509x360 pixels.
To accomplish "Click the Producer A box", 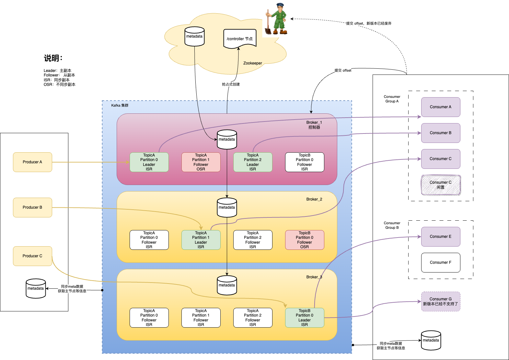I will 32,162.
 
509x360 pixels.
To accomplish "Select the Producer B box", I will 32,207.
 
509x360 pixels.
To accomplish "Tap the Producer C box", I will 32,256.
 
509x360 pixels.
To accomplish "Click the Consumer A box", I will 441,107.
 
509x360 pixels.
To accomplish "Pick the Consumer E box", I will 441,237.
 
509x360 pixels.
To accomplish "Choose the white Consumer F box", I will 441,262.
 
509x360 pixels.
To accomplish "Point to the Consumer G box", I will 441,301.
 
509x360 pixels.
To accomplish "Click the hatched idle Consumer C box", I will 441,185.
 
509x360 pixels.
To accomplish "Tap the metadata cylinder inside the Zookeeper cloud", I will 194,36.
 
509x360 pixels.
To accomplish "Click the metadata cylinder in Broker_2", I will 227,207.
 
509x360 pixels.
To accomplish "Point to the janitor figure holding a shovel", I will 276,19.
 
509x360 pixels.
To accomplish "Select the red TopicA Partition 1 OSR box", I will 201,162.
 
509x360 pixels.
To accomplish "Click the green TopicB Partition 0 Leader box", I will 305,318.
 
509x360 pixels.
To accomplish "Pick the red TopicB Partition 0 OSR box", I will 305,240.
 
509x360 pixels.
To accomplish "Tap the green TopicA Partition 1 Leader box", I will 201,240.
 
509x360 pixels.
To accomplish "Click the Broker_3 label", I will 314,277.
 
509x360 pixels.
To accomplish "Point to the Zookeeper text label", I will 253,63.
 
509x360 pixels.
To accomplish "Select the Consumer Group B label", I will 392,225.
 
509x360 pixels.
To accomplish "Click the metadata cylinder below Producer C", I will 36,288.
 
